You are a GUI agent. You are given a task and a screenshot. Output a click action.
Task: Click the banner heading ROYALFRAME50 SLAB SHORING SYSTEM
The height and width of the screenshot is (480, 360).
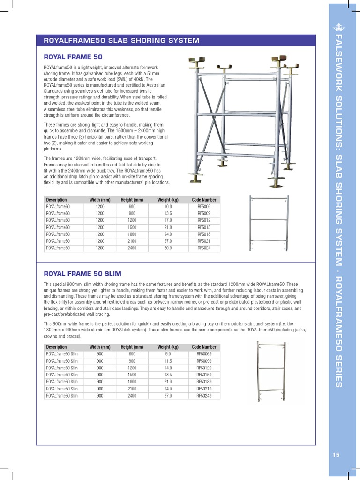[121, 40]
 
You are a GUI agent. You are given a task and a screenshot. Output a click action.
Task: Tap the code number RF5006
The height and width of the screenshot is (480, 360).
[204, 206]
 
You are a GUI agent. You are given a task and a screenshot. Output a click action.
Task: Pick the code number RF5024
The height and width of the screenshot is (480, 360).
[204, 248]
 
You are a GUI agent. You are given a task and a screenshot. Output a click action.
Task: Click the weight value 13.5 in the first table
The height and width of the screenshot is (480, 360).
[168, 213]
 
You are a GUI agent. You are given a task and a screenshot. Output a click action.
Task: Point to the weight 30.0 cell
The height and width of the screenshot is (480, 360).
[168, 248]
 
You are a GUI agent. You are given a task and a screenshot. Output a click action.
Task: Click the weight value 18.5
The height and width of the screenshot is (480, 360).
[168, 375]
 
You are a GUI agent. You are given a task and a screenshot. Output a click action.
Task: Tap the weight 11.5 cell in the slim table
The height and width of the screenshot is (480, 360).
[168, 361]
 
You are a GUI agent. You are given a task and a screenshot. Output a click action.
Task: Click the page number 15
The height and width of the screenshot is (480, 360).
[335, 454]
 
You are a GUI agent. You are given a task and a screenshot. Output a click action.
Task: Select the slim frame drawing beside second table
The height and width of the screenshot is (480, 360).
[271, 373]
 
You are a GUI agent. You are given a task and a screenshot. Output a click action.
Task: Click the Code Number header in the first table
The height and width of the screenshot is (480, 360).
[204, 200]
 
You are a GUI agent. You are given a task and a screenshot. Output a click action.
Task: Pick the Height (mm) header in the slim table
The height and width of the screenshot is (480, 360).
[132, 347]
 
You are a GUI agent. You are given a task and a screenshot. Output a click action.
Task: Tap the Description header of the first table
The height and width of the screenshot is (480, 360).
[56, 200]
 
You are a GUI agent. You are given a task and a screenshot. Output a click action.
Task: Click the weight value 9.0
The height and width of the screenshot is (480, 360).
[168, 354]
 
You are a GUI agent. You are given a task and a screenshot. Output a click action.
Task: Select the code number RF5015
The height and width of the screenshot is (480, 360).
[204, 227]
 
